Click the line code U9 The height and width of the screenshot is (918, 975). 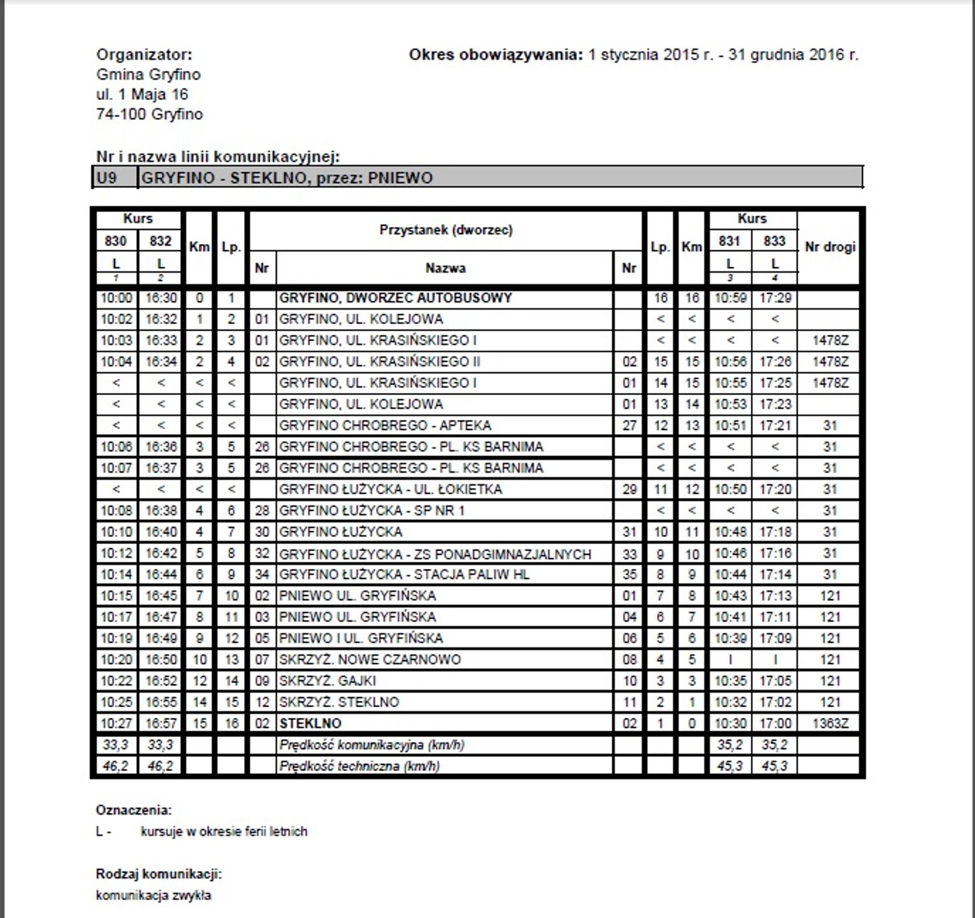[106, 178]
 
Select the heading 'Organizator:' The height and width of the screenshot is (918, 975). [144, 55]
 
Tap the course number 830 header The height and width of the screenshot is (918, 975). [115, 241]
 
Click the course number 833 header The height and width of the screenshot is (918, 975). [774, 241]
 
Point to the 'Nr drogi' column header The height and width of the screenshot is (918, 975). [830, 247]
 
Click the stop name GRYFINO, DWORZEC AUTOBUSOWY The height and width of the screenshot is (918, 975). [395, 298]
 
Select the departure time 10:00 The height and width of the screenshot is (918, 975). [116, 298]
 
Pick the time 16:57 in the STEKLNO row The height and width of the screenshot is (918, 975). [161, 724]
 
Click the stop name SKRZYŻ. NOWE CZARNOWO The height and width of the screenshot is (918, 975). [370, 659]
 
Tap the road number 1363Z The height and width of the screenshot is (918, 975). [830, 724]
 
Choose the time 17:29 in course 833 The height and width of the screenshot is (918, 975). [775, 298]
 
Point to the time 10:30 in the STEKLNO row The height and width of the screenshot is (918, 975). [730, 724]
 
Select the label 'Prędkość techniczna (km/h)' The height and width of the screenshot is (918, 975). [359, 766]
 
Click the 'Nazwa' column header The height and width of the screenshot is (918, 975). [445, 269]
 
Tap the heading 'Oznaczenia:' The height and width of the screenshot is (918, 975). [134, 810]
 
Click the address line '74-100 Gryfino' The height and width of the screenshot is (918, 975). [150, 115]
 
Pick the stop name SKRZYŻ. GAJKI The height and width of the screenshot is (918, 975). [328, 681]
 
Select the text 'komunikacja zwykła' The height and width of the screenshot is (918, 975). [154, 896]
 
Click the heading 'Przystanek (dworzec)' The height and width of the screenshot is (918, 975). [445, 230]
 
